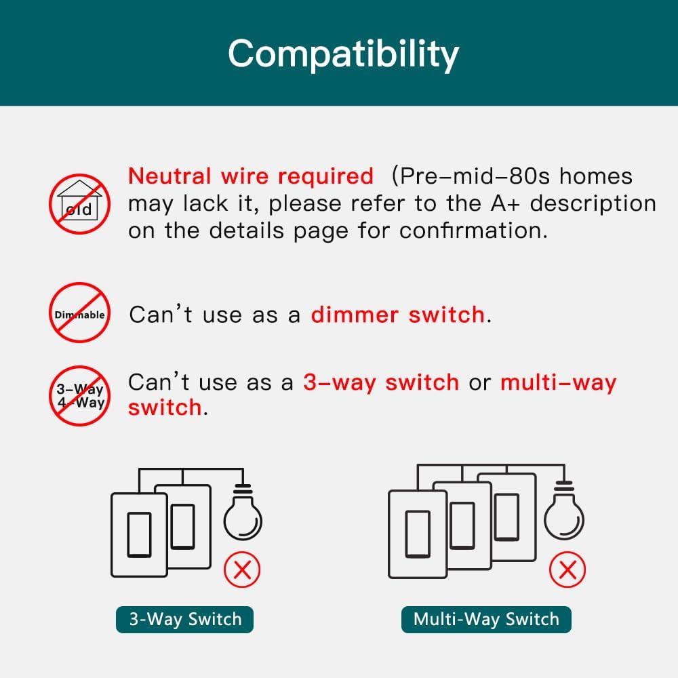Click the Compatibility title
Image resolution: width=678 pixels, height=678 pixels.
tap(343, 54)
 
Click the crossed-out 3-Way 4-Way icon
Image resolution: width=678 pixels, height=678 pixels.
tap(79, 396)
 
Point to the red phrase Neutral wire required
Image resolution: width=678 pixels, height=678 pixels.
tap(251, 176)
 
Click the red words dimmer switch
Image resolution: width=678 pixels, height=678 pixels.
tap(398, 315)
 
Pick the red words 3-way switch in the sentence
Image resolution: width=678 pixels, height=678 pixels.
tap(381, 382)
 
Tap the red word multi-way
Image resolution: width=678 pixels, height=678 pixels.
tap(558, 382)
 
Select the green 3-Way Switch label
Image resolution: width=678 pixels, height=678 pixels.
tap(184, 619)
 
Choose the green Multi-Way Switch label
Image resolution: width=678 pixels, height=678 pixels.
tap(486, 619)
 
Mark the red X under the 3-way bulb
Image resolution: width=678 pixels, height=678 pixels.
tap(242, 570)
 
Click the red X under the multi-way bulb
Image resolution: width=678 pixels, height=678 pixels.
tap(567, 570)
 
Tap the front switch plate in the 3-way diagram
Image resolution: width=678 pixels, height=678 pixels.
tap(139, 536)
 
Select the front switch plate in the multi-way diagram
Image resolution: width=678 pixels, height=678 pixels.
tap(417, 536)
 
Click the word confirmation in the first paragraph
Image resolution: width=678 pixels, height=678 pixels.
tap(473, 231)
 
